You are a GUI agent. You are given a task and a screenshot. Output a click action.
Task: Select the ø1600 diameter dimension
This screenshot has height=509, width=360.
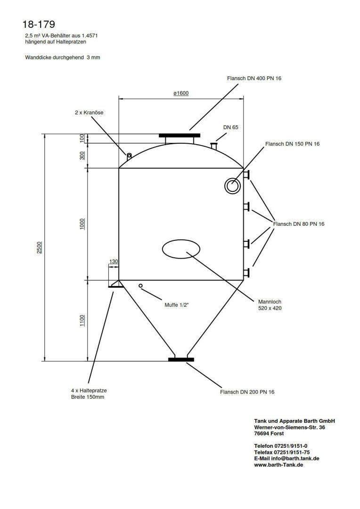pyautogui.click(x=181, y=93)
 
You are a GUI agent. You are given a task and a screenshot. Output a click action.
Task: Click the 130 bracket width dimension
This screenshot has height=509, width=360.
pyautogui.click(x=113, y=261)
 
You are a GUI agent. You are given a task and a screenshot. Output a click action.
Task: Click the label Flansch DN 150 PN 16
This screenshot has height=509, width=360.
pyautogui.click(x=293, y=144)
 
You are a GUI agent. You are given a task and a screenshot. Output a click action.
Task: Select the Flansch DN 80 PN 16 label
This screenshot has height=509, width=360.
pyautogui.click(x=299, y=224)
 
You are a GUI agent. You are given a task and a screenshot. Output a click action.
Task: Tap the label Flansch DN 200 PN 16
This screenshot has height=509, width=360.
pyautogui.click(x=247, y=392)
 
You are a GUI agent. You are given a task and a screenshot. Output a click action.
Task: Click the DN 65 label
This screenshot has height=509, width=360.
pyautogui.click(x=231, y=127)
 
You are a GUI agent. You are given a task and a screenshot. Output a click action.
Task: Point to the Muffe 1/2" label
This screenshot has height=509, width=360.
pyautogui.click(x=177, y=305)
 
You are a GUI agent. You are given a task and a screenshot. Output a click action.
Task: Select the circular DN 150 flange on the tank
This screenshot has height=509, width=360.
pyautogui.click(x=232, y=186)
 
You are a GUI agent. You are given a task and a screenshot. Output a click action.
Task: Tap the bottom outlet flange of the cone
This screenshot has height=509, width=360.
pyautogui.click(x=181, y=360)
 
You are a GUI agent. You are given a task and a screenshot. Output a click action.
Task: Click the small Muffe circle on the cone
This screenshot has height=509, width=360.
pyautogui.click(x=140, y=285)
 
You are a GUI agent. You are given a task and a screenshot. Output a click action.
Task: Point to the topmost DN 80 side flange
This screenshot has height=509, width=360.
pyautogui.click(x=246, y=175)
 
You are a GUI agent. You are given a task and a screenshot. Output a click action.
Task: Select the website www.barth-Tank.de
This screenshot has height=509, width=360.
pyautogui.click(x=278, y=464)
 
